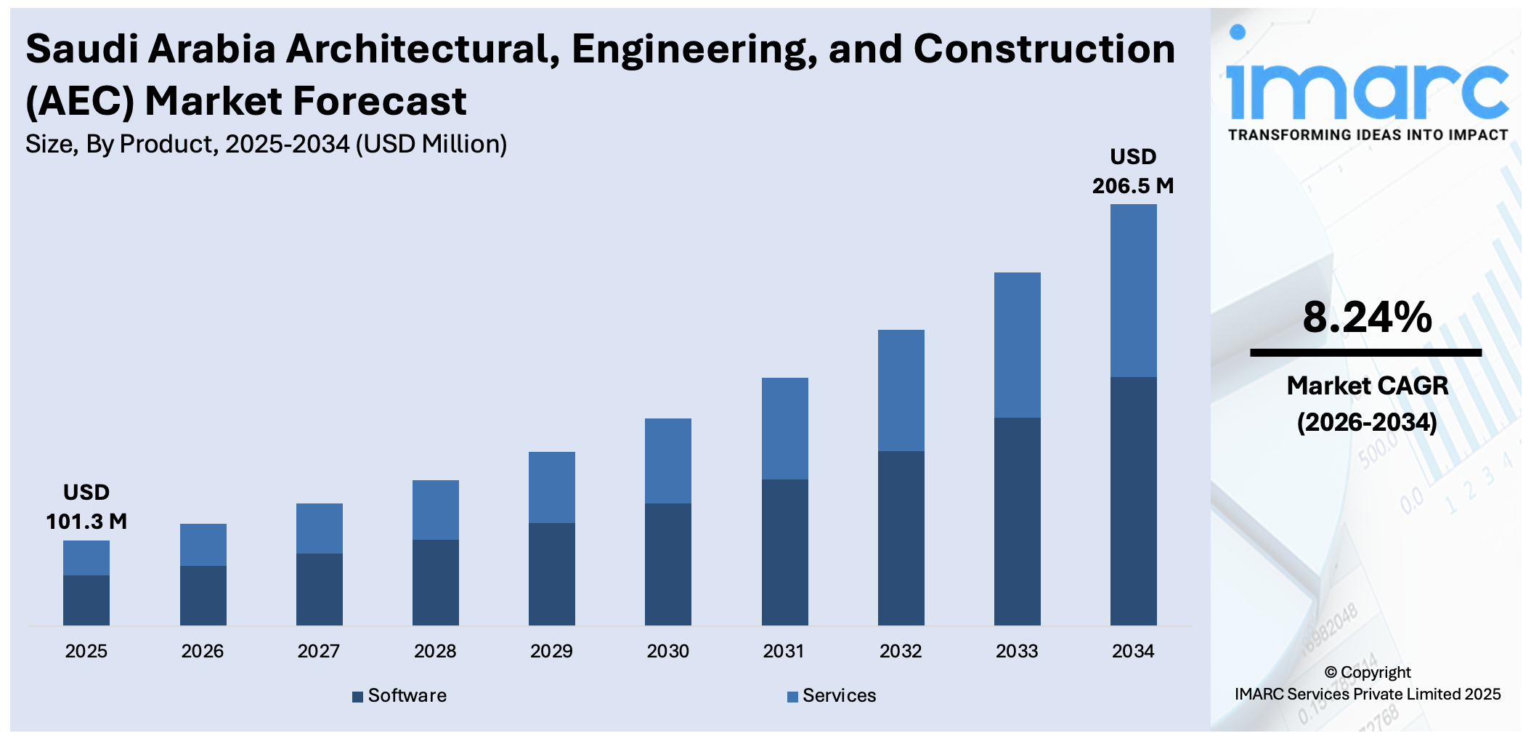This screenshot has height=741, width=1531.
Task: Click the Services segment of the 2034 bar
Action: point(1133,291)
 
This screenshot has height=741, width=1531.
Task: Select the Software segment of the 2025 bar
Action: point(86,600)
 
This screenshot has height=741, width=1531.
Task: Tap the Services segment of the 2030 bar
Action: point(667,461)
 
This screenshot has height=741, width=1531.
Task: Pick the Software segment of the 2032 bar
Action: point(901,538)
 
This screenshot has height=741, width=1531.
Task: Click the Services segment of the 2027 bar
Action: point(319,528)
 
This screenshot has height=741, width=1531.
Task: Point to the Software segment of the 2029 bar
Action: point(551,574)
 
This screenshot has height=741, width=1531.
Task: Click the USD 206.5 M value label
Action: point(1133,171)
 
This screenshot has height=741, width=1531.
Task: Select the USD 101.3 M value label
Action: point(86,507)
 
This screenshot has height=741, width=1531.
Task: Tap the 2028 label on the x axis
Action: point(435,651)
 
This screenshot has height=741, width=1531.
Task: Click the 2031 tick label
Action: point(784,651)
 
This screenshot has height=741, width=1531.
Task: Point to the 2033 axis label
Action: point(1017,651)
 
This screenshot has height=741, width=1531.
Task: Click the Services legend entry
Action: point(832,696)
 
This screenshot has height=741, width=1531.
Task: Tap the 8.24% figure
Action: point(1367,317)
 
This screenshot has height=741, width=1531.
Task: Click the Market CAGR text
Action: point(1367,386)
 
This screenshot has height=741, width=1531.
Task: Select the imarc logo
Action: point(1367,80)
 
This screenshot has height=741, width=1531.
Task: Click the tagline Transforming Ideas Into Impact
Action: point(1367,135)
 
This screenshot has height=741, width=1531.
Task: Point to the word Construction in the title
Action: point(1044,49)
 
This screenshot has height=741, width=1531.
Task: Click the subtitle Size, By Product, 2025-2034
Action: point(266,145)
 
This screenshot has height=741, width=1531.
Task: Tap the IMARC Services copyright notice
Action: point(1367,694)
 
